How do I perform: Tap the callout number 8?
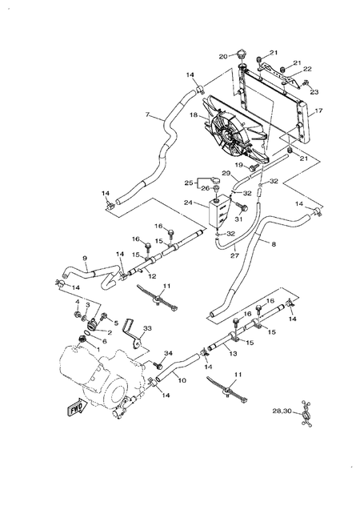coord(274,243)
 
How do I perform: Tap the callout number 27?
coord(234,256)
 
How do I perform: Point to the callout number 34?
coord(169,353)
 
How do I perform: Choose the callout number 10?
coord(182,380)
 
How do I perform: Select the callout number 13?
coord(233,354)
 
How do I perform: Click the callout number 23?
coord(314,92)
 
